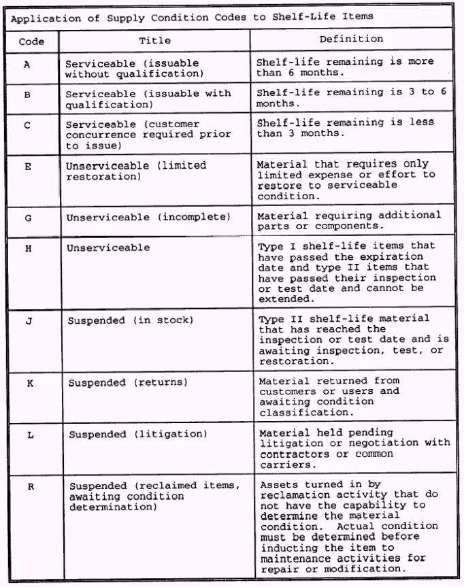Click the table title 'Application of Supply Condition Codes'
pos(192,17)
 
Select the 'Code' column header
pos(31,41)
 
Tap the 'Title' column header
pos(154,41)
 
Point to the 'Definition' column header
pos(351,39)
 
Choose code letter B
pos(28,95)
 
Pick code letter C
pos(28,125)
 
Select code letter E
pos(28,166)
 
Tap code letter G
pos(28,218)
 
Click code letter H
pos(28,248)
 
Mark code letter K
pos(29,384)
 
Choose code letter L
pos(29,435)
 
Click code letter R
pos(30,486)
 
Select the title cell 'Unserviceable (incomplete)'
pos(148,218)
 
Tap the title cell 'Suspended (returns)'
pos(128,383)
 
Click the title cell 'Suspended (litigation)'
pos(138,434)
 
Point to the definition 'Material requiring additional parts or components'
pos(349,220)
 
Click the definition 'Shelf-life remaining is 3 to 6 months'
pos(351,98)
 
